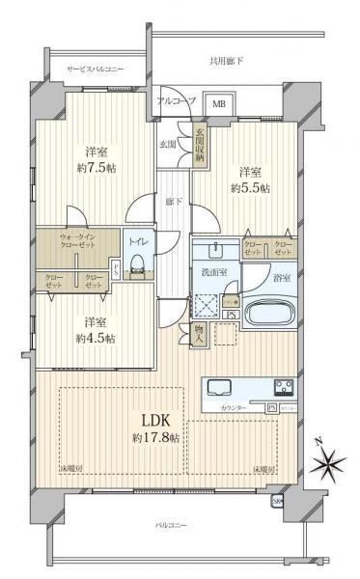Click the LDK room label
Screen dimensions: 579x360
click(x=155, y=421)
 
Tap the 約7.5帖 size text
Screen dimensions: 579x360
click(x=95, y=167)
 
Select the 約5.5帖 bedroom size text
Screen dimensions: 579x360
click(x=250, y=188)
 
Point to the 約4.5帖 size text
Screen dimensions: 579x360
click(x=95, y=338)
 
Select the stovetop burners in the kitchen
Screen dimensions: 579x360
click(x=286, y=389)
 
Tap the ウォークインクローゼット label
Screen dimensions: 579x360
click(x=76, y=241)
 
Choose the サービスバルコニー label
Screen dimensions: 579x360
click(x=96, y=69)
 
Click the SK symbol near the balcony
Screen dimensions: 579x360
click(x=277, y=501)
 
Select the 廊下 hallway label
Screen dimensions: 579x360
click(x=173, y=202)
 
